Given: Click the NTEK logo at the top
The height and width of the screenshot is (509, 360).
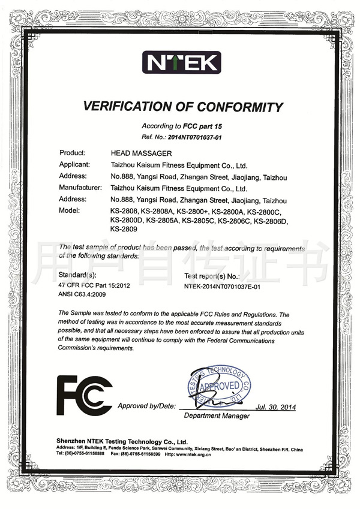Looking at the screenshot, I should click(181, 62).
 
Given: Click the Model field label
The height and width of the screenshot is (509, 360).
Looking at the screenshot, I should click(70, 211).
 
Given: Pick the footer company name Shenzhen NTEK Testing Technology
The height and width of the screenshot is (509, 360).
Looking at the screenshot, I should click(121, 440).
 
